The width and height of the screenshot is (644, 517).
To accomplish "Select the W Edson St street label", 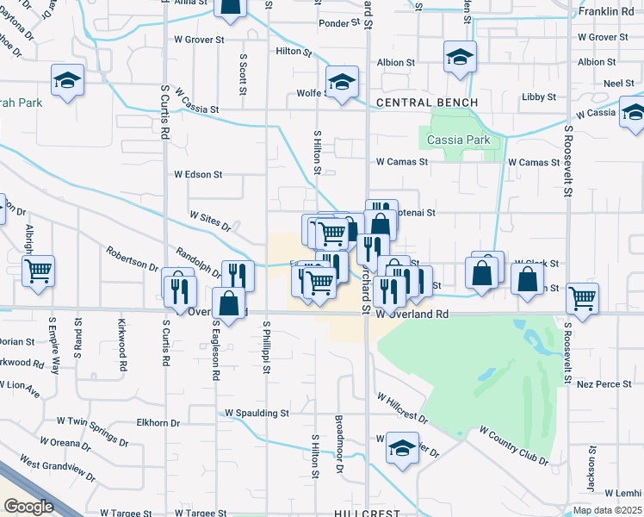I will tap(198, 174).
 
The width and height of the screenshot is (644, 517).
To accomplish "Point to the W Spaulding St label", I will tap(257, 414).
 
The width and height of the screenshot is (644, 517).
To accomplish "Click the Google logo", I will tap(28, 507).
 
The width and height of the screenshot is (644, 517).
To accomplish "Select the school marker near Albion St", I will tap(461, 58).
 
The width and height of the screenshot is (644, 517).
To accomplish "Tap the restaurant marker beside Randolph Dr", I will tap(238, 274).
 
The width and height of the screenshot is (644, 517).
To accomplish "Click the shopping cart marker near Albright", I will tap(39, 271).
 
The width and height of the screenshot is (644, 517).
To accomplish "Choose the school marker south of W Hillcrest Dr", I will tap(402, 448).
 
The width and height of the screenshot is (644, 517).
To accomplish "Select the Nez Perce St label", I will tap(604, 382).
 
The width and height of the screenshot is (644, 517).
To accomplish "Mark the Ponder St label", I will tap(337, 24).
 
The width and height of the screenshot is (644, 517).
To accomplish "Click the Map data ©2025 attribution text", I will tap(608, 510).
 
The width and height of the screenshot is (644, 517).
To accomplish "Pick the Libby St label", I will tap(538, 97).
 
